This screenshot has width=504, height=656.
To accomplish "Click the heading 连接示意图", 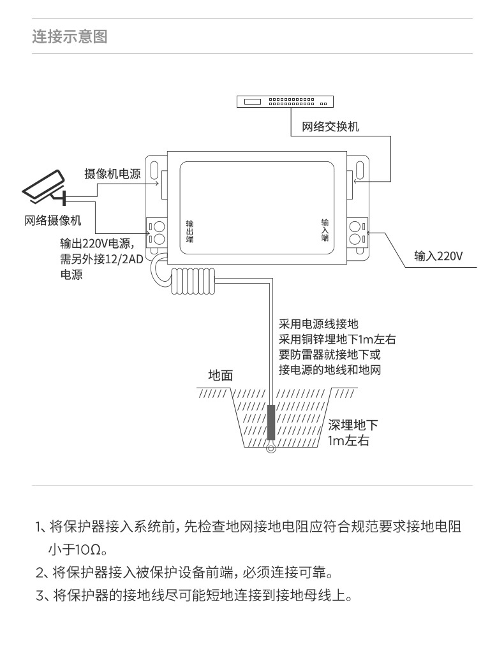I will [x=70, y=36].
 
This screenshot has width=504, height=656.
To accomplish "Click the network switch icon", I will [x=284, y=101].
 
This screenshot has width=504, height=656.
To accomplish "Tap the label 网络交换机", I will [x=330, y=126].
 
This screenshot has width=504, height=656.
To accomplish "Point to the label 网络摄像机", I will [x=54, y=221].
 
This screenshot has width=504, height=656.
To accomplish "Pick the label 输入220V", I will [x=438, y=256].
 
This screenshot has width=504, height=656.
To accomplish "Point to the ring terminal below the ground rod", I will [x=271, y=448].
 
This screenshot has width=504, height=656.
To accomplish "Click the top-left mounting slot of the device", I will [x=154, y=170].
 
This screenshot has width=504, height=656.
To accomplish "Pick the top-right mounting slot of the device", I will [x=360, y=170].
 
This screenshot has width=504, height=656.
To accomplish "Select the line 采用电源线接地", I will [x=323, y=324].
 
